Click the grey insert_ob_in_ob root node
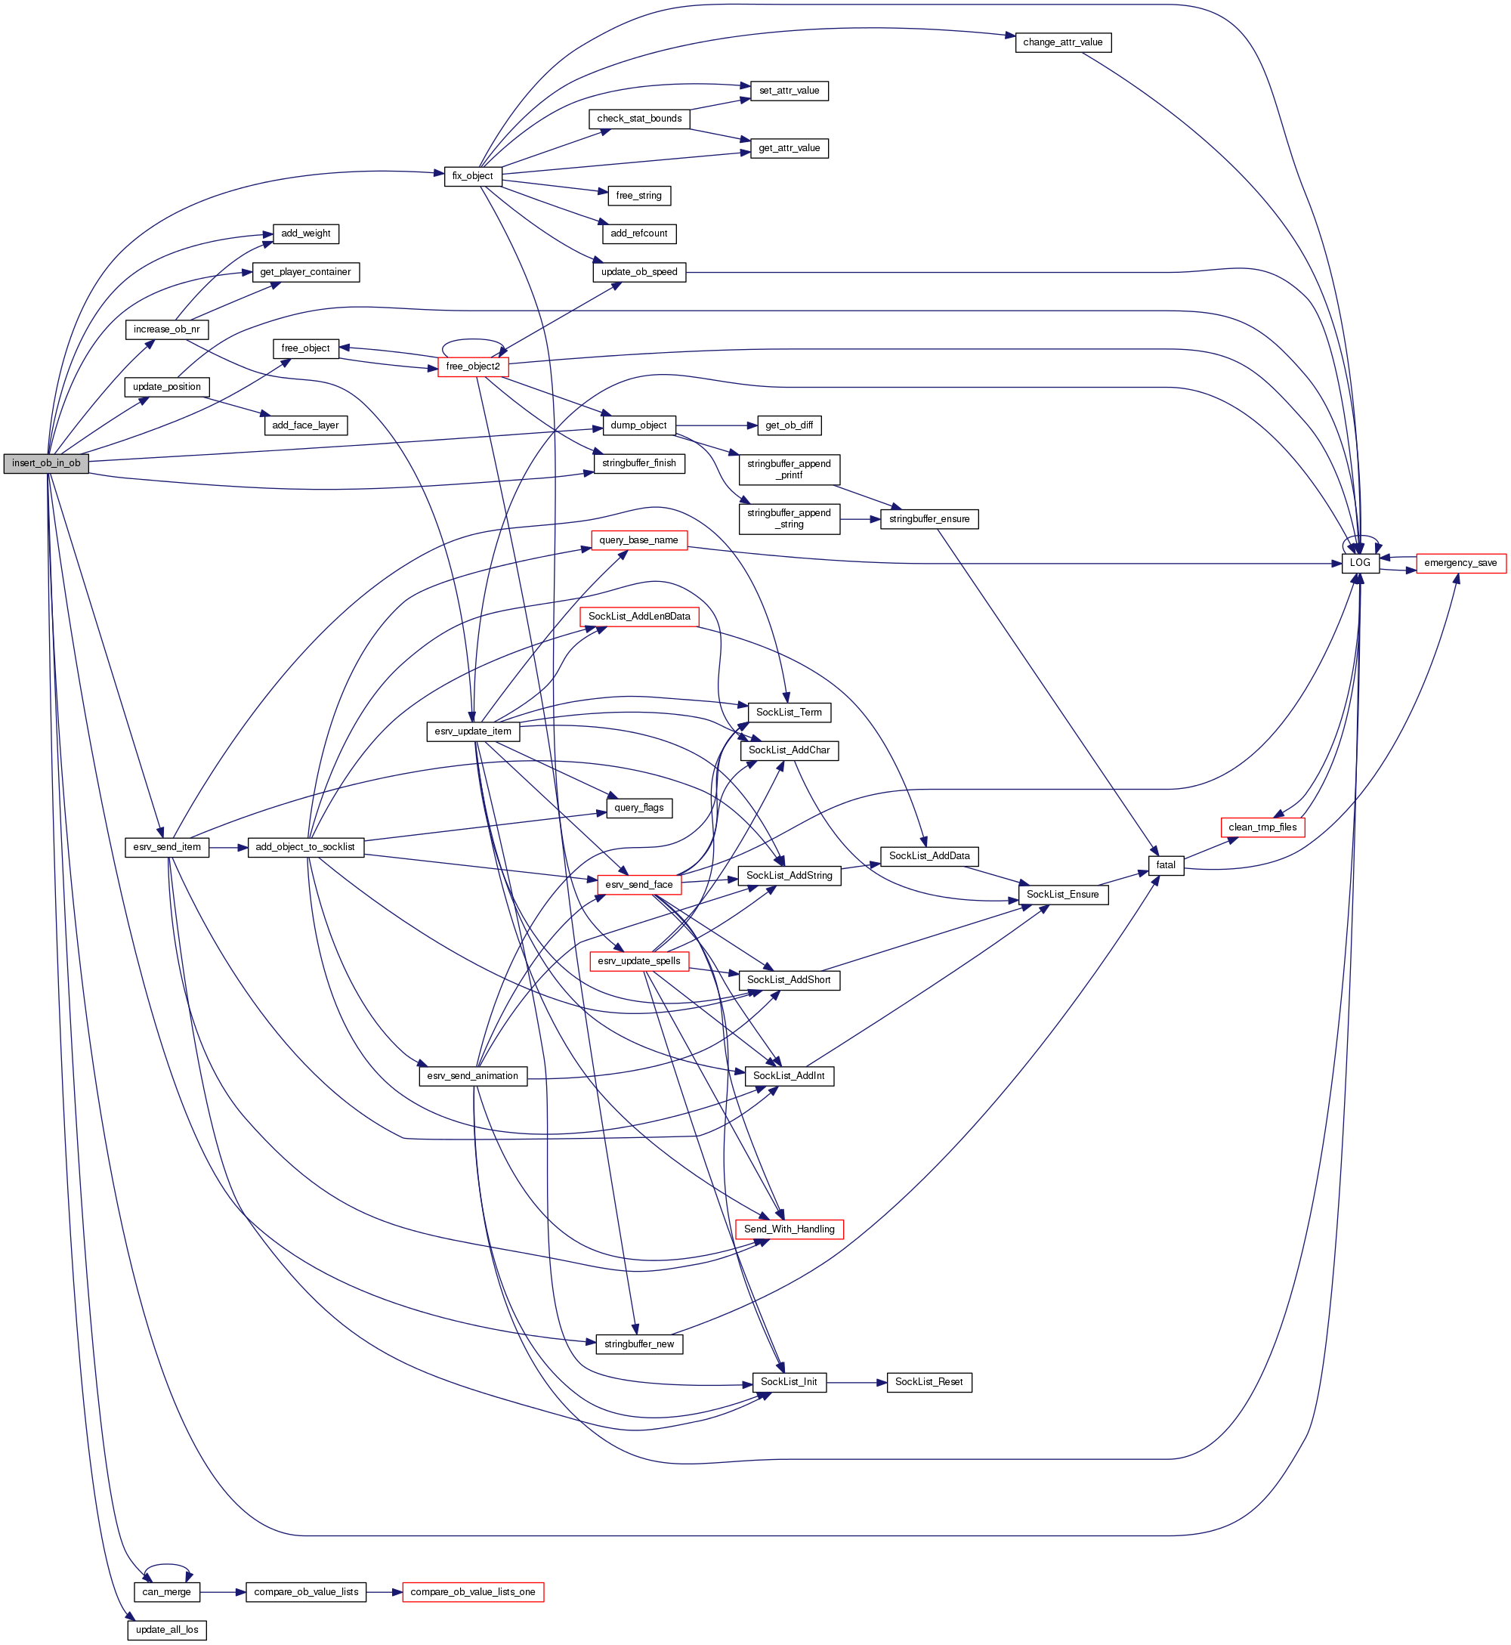point(46,463)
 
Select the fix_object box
point(473,176)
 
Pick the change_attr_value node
point(1062,42)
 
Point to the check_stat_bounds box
point(638,119)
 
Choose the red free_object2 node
point(473,366)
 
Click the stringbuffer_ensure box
point(929,519)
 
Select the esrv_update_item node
point(473,731)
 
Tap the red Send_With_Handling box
point(789,1229)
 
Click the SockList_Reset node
point(929,1382)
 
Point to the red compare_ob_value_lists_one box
point(473,1592)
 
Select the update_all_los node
point(167,1629)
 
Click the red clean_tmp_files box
point(1262,827)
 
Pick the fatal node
point(1166,865)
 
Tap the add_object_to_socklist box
point(305,847)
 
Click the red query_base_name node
point(638,540)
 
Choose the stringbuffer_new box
point(638,1344)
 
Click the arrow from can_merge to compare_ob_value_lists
point(222,1592)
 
